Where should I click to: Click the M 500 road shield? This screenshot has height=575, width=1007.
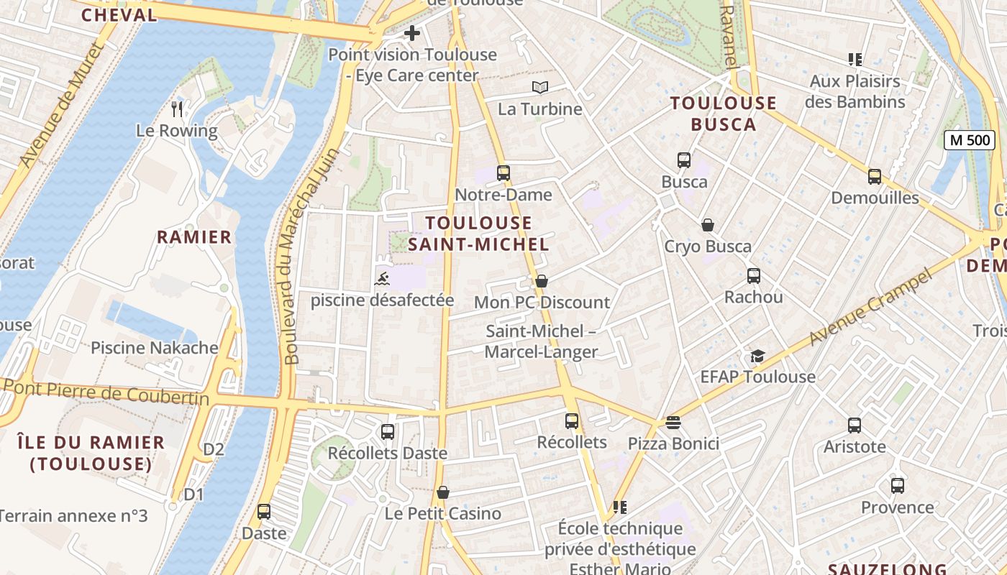pos(969,140)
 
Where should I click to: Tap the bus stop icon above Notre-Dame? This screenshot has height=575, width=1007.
pos(503,173)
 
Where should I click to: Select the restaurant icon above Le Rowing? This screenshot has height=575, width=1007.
pos(177,109)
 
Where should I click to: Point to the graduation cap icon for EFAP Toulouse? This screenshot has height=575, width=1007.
pos(757,356)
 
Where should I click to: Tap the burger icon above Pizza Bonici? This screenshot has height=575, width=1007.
pos(673,423)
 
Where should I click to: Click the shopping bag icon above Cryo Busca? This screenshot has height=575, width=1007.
pos(708,225)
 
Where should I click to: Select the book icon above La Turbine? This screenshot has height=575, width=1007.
pos(539,88)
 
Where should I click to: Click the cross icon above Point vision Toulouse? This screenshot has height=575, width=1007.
pos(411,33)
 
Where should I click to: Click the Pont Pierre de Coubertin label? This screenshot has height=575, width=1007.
pos(106,392)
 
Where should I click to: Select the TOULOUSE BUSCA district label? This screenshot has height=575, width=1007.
pos(724,114)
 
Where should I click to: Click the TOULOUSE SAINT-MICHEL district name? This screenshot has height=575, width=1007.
pos(478,233)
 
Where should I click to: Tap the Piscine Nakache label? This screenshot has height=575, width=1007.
pos(154,348)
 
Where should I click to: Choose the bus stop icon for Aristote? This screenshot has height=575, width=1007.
pos(855,425)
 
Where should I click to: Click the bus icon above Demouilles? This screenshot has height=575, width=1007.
pos(875,176)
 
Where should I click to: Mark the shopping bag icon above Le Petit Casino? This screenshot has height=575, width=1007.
pos(443,492)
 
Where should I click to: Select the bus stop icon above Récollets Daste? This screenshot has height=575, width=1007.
pos(388,432)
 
